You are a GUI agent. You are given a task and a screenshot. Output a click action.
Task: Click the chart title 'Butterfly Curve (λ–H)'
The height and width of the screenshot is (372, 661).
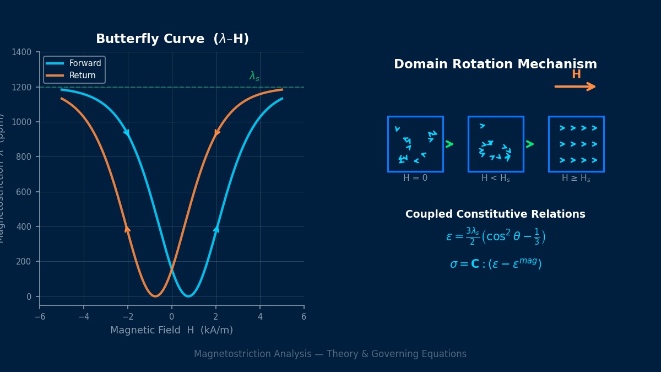pos(172,39)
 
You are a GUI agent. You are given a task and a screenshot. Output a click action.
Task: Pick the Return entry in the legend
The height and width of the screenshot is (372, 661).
pos(82,76)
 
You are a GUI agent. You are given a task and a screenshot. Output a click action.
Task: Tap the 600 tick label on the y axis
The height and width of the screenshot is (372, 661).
pos(25,192)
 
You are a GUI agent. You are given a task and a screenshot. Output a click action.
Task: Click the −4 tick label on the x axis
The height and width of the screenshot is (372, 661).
pos(83,317)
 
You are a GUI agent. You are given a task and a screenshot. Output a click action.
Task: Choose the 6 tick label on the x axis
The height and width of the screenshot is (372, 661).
pos(304,317)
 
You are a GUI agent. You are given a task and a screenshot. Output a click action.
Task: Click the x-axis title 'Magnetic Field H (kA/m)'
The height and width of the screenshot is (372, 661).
pos(171,331)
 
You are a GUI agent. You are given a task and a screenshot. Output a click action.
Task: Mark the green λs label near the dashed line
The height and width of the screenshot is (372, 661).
pos(254,76)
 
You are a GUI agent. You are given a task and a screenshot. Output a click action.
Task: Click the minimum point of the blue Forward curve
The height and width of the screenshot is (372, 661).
pos(188,296)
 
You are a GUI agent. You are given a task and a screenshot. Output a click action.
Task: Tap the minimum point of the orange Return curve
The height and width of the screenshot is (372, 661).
pos(155,296)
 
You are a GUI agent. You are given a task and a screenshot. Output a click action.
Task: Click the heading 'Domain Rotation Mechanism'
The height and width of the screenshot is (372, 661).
pos(495,64)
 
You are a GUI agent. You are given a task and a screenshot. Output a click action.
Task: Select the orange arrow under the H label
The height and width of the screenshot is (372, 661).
pos(575,87)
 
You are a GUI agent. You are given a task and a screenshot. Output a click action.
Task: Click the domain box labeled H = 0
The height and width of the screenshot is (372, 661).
pos(415,144)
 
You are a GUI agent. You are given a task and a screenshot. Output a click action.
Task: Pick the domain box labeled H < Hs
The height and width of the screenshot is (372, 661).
pos(496,144)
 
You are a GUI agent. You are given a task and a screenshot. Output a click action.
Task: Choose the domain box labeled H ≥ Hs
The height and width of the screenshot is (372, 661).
pos(576,144)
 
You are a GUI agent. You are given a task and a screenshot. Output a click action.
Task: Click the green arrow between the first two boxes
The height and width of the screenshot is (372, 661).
pos(449,144)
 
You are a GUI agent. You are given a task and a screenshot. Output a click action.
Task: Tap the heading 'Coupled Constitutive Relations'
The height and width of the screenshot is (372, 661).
pos(495,214)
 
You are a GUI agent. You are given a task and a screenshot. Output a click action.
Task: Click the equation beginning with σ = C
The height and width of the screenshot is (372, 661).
pos(495,264)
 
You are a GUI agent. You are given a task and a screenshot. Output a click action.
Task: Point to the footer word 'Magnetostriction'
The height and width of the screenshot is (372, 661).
pos(227,354)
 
